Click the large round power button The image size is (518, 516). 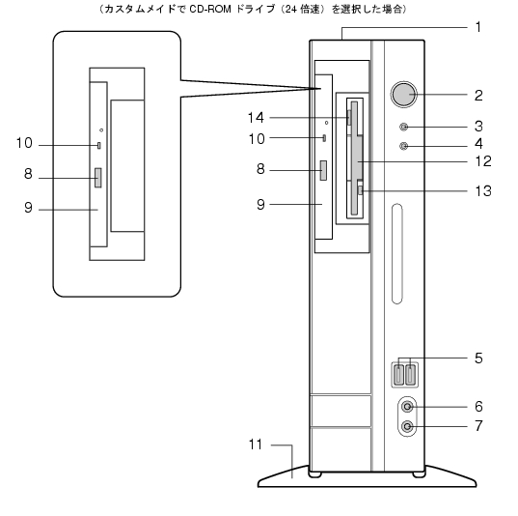coord(404,95)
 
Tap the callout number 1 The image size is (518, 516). coord(478,27)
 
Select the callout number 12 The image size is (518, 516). coord(483,161)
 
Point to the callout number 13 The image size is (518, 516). coord(483,190)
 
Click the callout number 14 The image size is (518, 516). coord(256,118)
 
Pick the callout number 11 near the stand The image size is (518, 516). coord(256,444)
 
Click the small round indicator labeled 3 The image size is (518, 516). coord(404,127)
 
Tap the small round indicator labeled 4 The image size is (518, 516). coord(404,146)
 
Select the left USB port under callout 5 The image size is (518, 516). coord(399,374)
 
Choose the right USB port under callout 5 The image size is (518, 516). coord(410,374)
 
